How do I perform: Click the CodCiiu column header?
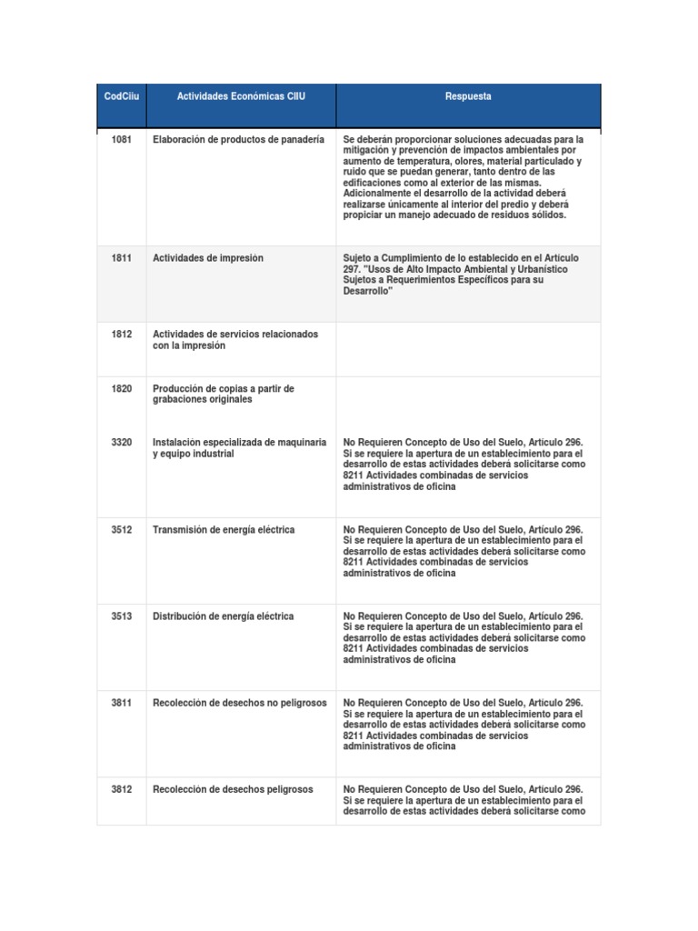121,95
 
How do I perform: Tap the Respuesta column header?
468,95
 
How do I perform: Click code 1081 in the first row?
121,140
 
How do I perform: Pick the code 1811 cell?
121,258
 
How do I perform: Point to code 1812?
121,335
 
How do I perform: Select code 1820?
121,389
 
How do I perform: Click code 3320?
121,442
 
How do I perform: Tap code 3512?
121,529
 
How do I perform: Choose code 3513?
121,616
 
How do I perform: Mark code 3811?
121,703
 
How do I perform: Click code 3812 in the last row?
121,789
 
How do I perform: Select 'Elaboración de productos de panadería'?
238,140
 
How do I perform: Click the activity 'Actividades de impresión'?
208,258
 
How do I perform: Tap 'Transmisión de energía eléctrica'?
224,529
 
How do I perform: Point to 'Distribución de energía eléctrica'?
224,616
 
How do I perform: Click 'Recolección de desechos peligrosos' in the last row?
233,789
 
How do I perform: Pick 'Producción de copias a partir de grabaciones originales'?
224,395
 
